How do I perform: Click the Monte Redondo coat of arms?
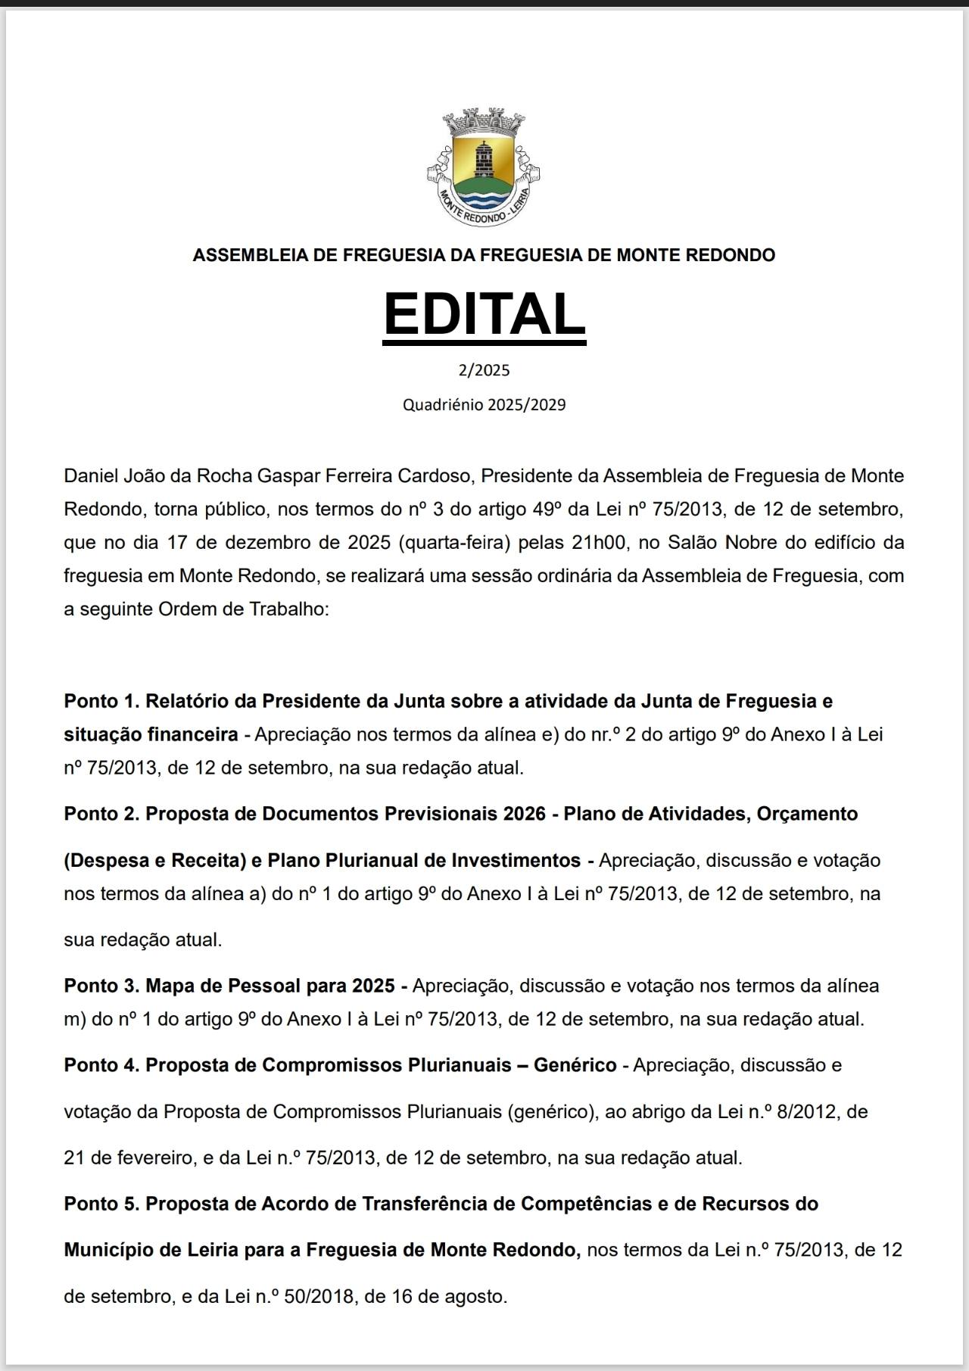484,167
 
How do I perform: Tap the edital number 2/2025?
484,370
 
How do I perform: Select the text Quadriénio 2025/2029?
484,404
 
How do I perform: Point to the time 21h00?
605,543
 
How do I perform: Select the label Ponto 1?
101,701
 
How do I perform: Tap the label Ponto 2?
101,814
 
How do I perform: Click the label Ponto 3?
101,986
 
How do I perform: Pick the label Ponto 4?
101,1065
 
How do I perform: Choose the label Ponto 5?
101,1204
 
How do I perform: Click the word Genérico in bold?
575,1065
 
